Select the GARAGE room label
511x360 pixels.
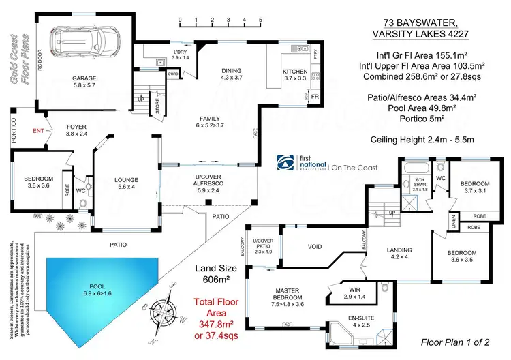tap(84, 78)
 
